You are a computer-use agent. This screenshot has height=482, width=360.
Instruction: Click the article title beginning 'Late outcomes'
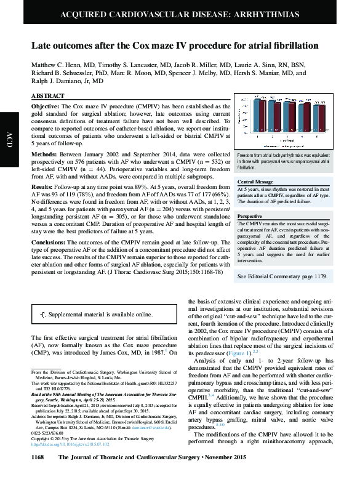pyautogui.click(x=175, y=46)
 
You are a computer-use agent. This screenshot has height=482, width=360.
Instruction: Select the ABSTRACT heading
pyautogui.click(x=47, y=97)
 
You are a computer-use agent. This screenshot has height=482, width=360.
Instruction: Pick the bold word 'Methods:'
pyautogui.click(x=44, y=154)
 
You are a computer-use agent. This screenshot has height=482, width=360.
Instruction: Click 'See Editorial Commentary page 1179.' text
pyautogui.click(x=281, y=276)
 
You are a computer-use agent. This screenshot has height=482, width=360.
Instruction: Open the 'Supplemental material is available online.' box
pyautogui.click(x=100, y=315)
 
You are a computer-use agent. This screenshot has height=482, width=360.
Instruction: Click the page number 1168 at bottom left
pyautogui.click(x=38, y=475)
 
